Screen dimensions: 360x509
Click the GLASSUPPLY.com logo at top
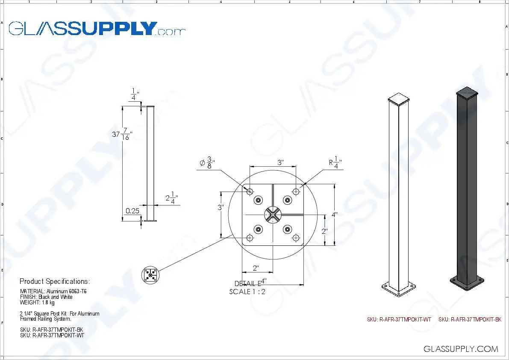coord(97,29)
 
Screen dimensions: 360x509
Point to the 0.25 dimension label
coord(133,211)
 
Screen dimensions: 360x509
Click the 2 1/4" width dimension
coord(171,199)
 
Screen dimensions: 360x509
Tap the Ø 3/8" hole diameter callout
coord(207,162)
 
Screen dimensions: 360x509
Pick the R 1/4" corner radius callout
coord(335,163)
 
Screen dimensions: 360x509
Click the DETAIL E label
coord(247,283)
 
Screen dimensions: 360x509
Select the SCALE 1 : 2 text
coord(247,292)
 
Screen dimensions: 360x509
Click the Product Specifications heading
coord(55,281)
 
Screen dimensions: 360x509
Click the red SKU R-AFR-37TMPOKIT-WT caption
coord(399,319)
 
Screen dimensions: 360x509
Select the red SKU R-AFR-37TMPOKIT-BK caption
coord(470,319)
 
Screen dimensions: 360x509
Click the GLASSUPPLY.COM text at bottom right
coord(461,349)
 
